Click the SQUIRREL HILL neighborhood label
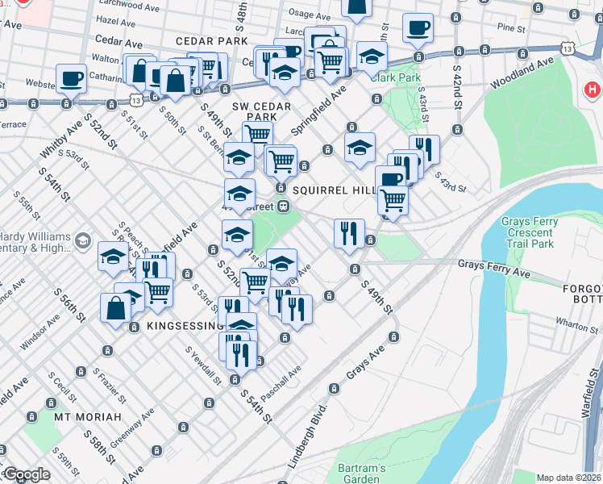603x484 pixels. pos(335,190)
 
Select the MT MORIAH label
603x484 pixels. pos(88,417)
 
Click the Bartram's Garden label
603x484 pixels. pos(360,474)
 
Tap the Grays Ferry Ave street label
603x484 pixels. pos(494,269)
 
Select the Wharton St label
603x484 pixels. pos(576,325)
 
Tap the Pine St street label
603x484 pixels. pos(511,27)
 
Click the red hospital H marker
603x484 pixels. pos(594,90)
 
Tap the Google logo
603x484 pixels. pos(27,475)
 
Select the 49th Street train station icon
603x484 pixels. pos(284,207)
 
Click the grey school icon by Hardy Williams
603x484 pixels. pos(82,241)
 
